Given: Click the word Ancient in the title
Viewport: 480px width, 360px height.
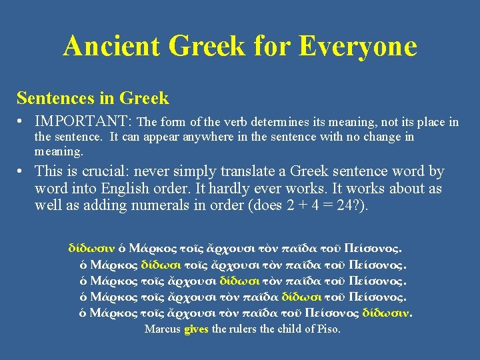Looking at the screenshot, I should (112, 46).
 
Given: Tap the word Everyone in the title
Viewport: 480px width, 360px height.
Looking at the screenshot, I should (358, 46).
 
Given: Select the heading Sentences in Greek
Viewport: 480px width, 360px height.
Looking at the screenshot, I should (93, 99).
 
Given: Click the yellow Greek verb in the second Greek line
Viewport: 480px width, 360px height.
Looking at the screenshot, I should (161, 265).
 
